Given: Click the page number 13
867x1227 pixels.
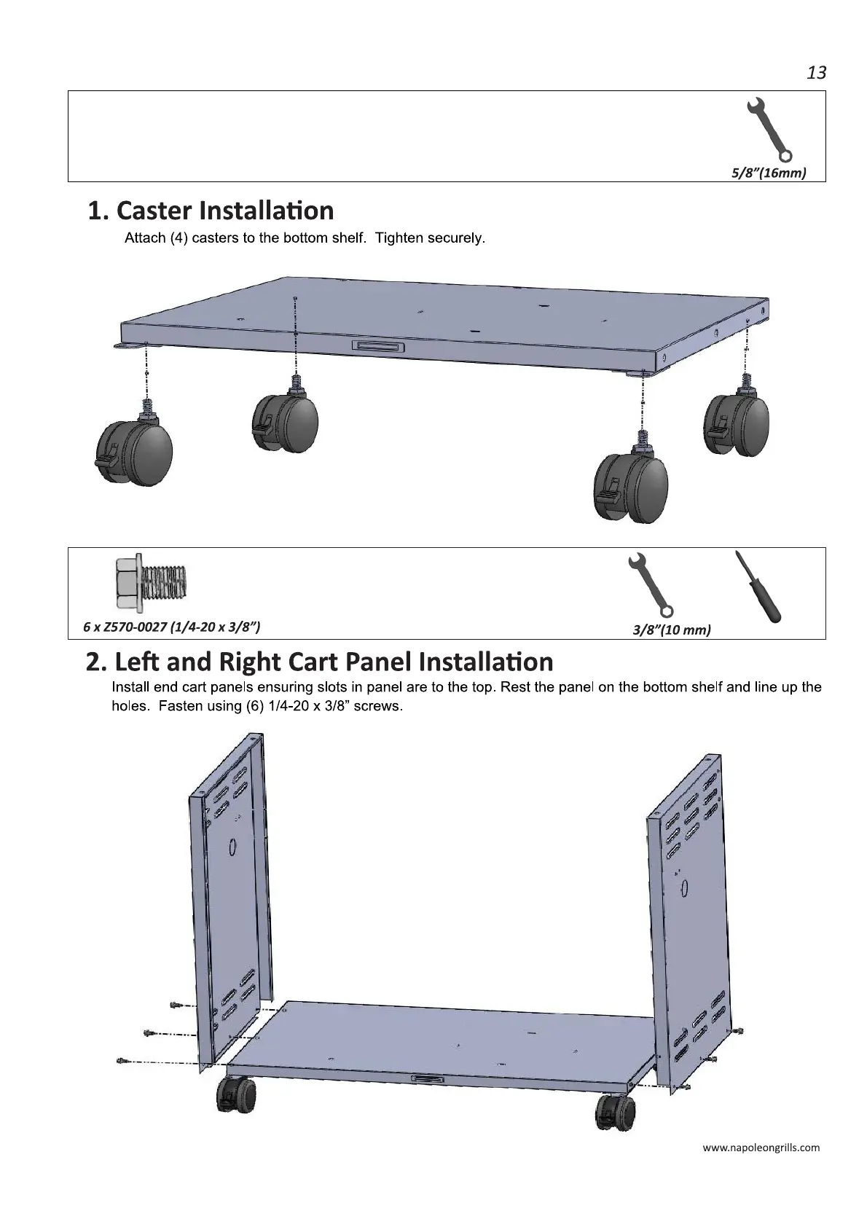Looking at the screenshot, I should tap(816, 73).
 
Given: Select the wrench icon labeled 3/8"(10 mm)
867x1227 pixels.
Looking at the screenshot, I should tap(650, 584).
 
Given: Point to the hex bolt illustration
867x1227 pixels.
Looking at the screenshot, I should tap(151, 583).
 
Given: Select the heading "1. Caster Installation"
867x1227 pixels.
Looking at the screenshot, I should tap(211, 211).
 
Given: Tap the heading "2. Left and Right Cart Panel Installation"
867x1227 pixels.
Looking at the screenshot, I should tap(319, 662).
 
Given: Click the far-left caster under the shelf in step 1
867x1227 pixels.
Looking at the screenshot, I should tap(135, 452).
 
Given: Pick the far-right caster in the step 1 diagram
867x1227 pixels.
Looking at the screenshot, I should tap(736, 424).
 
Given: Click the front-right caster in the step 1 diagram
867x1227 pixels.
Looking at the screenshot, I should tap(631, 485).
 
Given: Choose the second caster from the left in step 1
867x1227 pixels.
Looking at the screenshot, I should tap(285, 423).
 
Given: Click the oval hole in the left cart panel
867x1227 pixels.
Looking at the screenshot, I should tap(232, 847).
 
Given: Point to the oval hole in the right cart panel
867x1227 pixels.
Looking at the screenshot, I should tap(683, 889).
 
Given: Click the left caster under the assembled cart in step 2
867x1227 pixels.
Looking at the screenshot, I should tap(238, 1114).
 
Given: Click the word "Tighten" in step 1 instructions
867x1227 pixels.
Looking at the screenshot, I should tap(399, 238).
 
